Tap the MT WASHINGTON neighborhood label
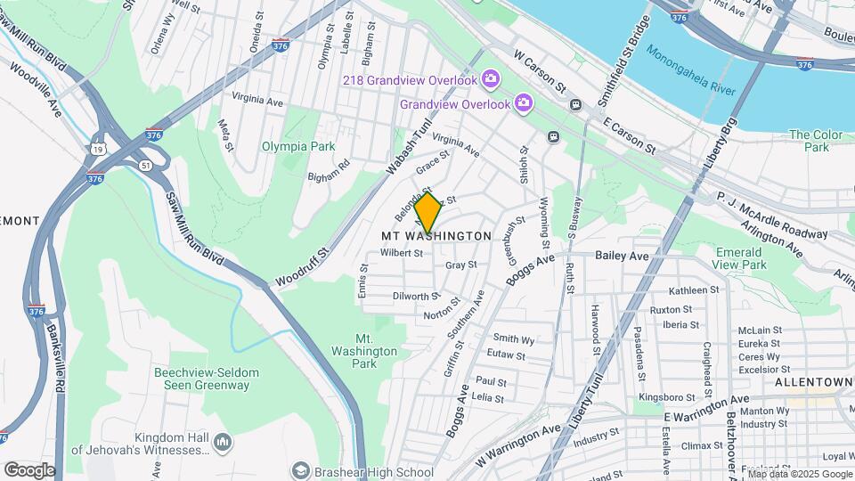click(436, 236)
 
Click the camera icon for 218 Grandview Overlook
click(490, 81)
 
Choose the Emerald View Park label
click(740, 258)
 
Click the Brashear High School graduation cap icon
click(301, 471)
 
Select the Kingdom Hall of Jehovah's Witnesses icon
click(222, 443)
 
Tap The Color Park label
click(815, 141)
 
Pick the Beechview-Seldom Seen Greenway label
click(201, 379)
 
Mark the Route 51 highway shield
click(143, 165)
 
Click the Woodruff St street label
click(303, 267)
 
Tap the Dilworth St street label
click(416, 296)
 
